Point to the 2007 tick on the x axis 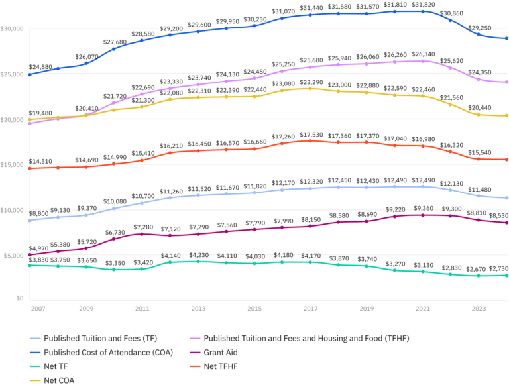[x=37, y=308]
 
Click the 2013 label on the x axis [x=198, y=308]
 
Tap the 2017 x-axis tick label [x=310, y=308]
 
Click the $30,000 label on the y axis [x=13, y=29]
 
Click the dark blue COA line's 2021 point [x=423, y=11]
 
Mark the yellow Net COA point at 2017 [x=310, y=88]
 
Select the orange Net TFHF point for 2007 [x=30, y=168]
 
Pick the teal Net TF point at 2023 [x=479, y=275]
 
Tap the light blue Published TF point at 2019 [x=367, y=187]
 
